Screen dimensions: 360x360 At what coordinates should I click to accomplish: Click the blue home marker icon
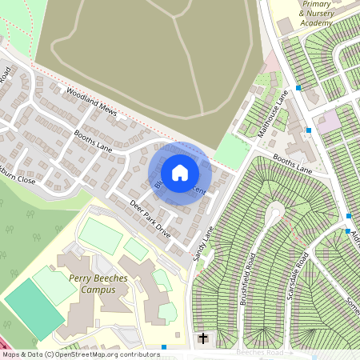pos(180,172)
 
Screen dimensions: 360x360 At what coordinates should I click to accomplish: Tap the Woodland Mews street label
pos(92,102)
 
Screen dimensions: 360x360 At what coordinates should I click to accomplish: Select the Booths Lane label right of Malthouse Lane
pos(293,163)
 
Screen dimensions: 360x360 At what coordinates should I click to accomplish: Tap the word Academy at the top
pos(316,23)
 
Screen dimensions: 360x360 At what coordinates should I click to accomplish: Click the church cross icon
pos(203,338)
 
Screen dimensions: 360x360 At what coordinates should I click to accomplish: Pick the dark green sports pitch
pos(34,308)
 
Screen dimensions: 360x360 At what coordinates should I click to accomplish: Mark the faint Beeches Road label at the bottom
pos(260,353)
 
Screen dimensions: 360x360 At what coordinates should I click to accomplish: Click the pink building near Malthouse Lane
pos(328,122)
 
